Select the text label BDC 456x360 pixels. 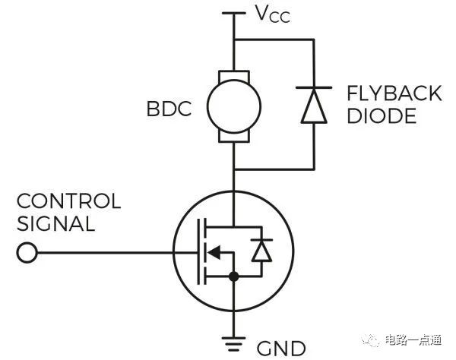point(169,108)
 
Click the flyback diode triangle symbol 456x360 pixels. point(314,108)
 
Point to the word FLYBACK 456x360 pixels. point(394,94)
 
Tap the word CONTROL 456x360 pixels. point(68,201)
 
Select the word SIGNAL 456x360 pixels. point(55,224)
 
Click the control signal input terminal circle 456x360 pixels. point(27,253)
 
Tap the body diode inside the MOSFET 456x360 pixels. point(261,251)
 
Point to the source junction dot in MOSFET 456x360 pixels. point(234,277)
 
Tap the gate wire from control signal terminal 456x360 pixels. point(106,253)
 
